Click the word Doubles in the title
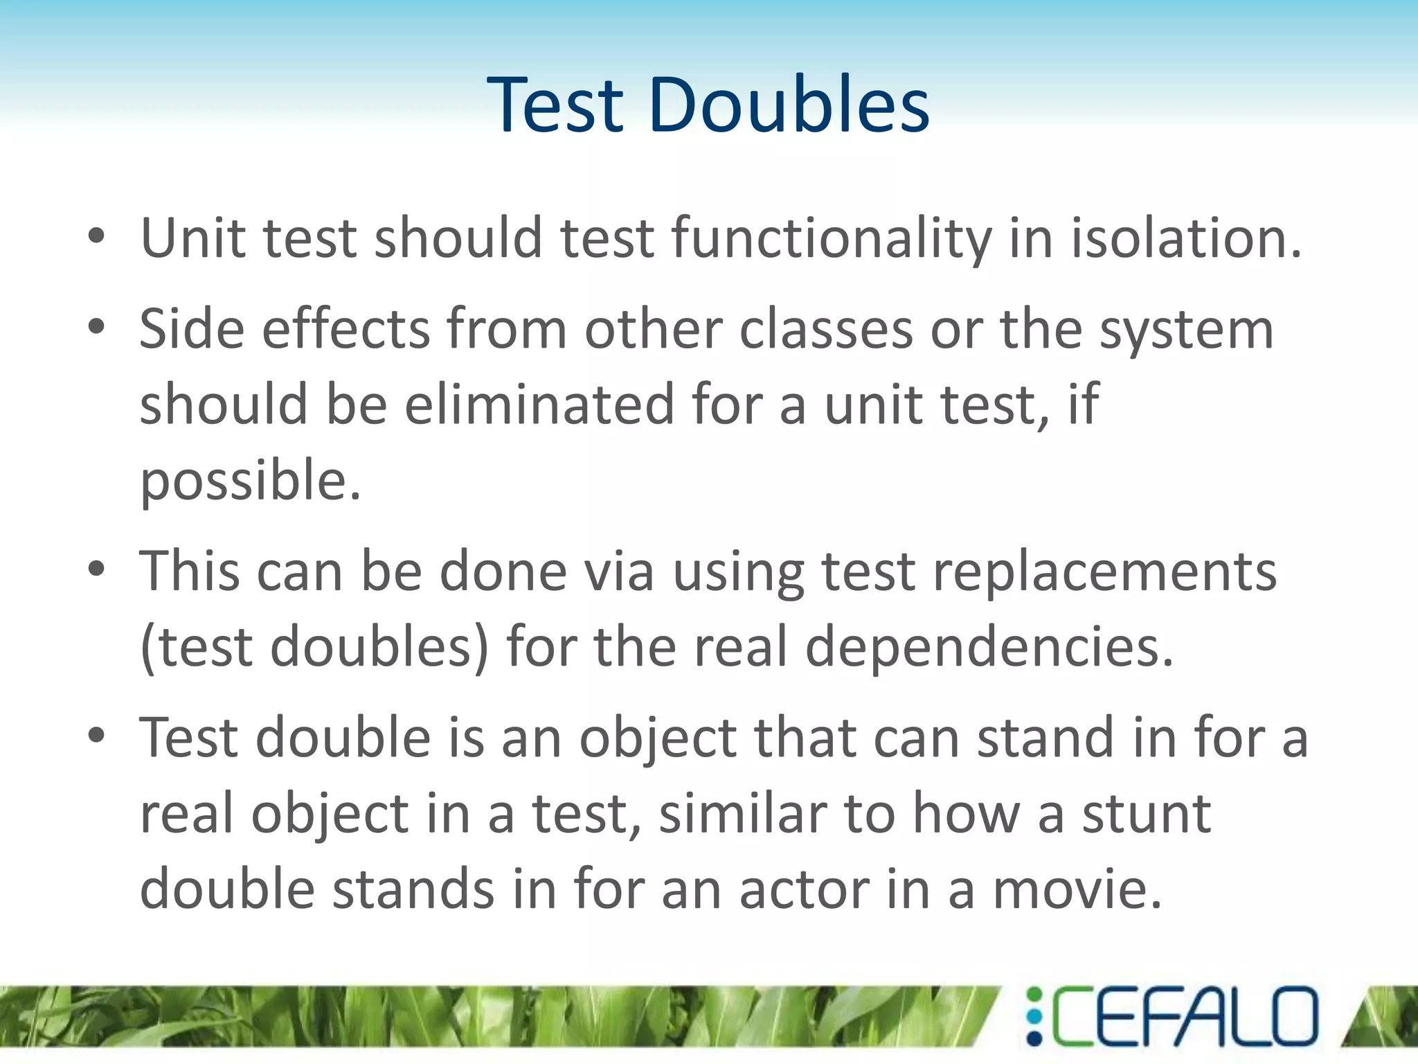[789, 105]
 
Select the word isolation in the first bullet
[1185, 239]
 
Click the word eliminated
[539, 405]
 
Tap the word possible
[250, 480]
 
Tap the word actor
[804, 889]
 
